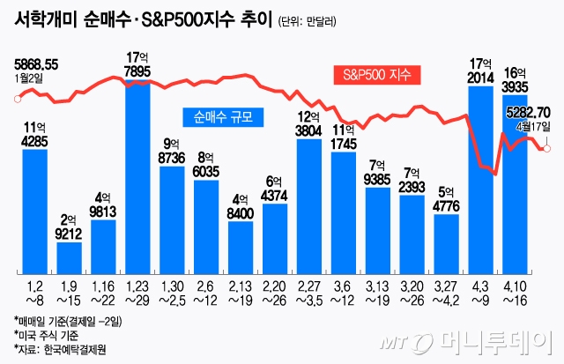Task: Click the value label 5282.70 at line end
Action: click(x=528, y=112)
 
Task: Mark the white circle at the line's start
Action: click(x=17, y=98)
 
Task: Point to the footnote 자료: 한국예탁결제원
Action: click(x=61, y=349)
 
